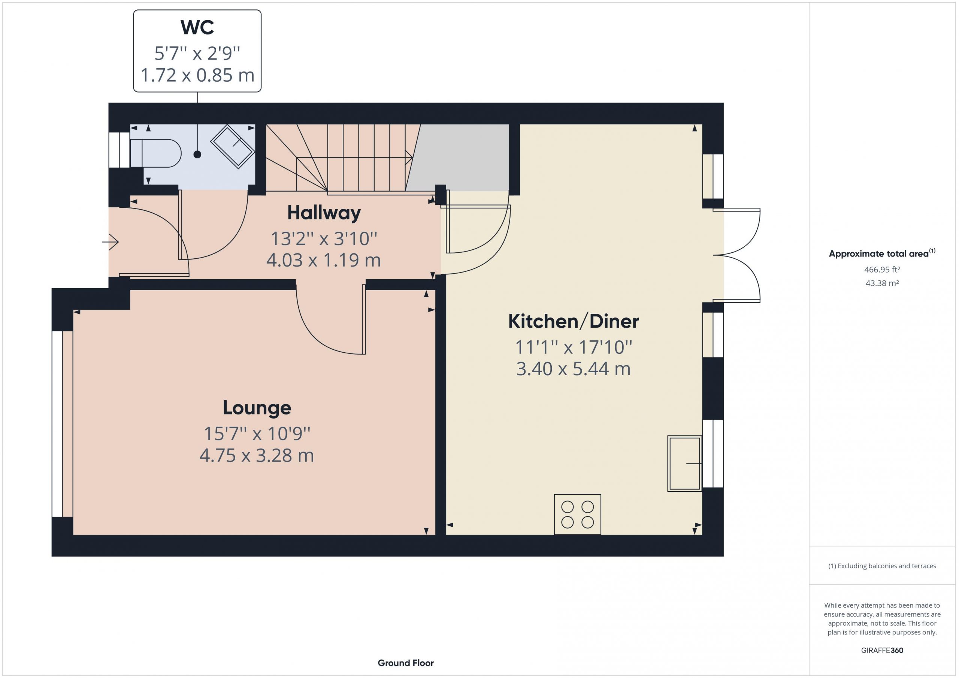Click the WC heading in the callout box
click(x=197, y=28)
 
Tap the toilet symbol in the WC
click(x=155, y=153)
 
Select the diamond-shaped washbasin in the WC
click(x=233, y=146)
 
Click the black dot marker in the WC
click(x=197, y=155)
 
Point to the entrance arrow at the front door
click(x=110, y=242)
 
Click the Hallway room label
click(x=324, y=213)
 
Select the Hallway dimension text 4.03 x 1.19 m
click(x=324, y=260)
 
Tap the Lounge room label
click(x=257, y=408)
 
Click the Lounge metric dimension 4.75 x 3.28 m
click(x=257, y=455)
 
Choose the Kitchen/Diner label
click(x=574, y=321)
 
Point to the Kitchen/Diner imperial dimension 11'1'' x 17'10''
click(x=574, y=347)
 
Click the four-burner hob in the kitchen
click(x=578, y=514)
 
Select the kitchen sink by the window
click(x=684, y=463)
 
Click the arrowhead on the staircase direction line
click(x=409, y=157)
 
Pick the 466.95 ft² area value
click(x=882, y=270)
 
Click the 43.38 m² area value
click(x=882, y=283)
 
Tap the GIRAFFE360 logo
click(x=882, y=650)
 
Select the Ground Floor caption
click(x=406, y=663)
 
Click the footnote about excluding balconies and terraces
click(x=882, y=566)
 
